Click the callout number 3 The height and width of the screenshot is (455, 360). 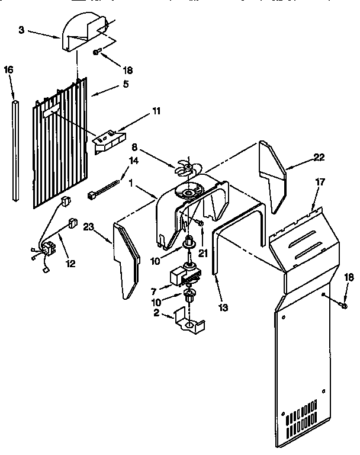(x=21, y=30)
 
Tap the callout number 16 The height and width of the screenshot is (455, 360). (x=9, y=70)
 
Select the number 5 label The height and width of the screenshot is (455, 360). (x=126, y=84)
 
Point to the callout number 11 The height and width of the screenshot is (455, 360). (x=156, y=111)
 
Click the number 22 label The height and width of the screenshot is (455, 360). (x=319, y=157)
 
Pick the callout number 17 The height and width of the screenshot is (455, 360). (x=320, y=182)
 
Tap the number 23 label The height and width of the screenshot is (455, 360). (x=89, y=227)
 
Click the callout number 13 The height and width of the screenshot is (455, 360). (x=223, y=307)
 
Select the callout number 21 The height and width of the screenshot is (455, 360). (x=203, y=253)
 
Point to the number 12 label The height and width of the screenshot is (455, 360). (x=70, y=263)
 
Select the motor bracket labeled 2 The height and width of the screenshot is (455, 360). (x=189, y=321)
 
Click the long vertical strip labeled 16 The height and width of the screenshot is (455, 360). (x=15, y=150)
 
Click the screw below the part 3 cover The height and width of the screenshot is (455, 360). (x=97, y=52)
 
